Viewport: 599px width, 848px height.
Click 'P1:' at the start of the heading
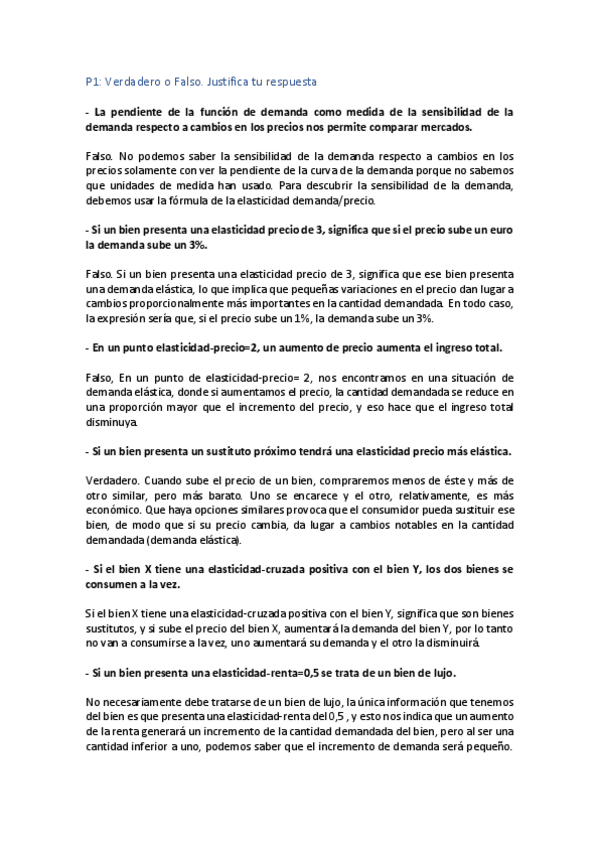94,80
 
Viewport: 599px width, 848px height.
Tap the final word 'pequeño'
489,744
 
